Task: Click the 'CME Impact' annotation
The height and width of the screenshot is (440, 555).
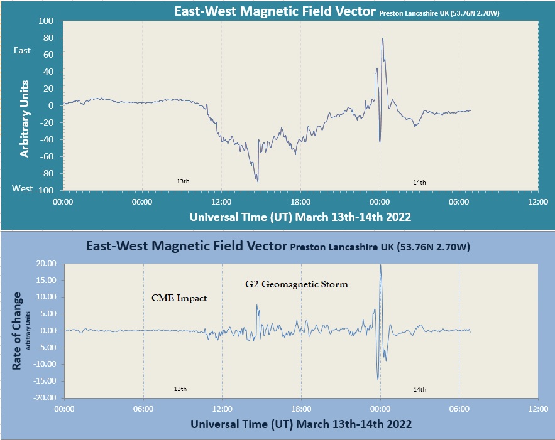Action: pyautogui.click(x=179, y=298)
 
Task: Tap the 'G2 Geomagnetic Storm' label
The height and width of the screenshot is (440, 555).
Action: pyautogui.click(x=297, y=284)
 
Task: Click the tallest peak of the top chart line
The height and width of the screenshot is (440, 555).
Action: pyautogui.click(x=382, y=38)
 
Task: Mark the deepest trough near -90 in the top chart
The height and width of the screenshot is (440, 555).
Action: pyautogui.click(x=258, y=181)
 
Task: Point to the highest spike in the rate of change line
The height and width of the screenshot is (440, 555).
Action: pyautogui.click(x=380, y=265)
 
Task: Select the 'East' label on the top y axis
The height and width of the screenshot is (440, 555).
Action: pyautogui.click(x=22, y=50)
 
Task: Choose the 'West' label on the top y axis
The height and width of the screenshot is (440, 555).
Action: pyautogui.click(x=23, y=188)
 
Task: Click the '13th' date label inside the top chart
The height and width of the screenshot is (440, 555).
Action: pyautogui.click(x=183, y=181)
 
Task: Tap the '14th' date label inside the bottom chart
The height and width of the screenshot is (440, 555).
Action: pyautogui.click(x=420, y=390)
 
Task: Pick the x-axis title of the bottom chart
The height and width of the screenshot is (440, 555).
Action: pyautogui.click(x=301, y=424)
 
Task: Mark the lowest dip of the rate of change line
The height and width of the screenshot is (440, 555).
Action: pyautogui.click(x=378, y=379)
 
